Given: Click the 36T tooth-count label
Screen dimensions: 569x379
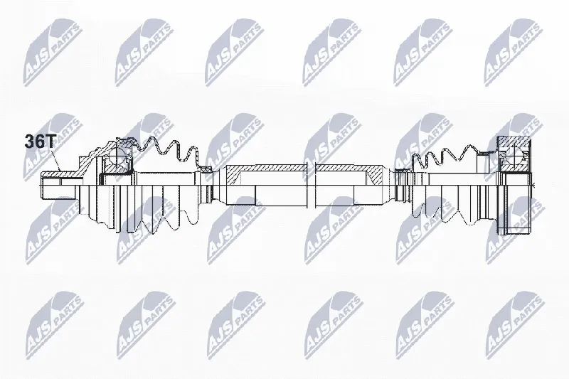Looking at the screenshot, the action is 39,142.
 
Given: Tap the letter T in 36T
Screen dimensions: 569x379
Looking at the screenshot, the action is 50,142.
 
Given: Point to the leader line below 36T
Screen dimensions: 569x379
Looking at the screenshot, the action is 55,159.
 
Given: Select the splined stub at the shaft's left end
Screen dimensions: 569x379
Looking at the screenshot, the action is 59,185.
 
